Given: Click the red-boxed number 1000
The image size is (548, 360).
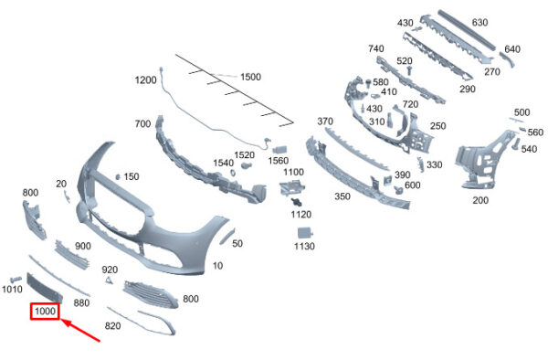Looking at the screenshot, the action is (x=45, y=311).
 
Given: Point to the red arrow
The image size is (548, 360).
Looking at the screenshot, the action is (x=81, y=330).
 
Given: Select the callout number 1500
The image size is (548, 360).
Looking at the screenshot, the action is (x=250, y=77).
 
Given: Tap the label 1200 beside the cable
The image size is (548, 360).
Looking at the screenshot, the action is (x=145, y=80).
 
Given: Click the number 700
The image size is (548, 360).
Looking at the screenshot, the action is (x=142, y=123).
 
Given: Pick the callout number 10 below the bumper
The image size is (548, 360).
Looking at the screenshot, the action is (x=217, y=266).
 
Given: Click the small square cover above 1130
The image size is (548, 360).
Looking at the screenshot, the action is (x=304, y=233).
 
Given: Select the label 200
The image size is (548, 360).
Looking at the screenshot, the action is (x=480, y=200).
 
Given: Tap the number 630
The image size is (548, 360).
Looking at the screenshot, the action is (x=479, y=22).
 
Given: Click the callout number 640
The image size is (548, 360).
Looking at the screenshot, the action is (x=512, y=49).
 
